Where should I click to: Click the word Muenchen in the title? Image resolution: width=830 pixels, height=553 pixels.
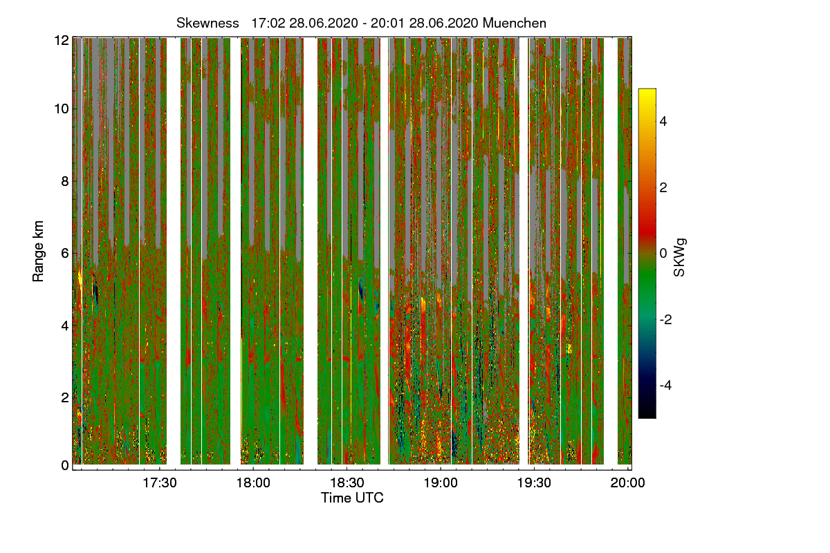(x=515, y=23)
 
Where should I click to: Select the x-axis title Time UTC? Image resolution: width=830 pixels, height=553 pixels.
(x=352, y=498)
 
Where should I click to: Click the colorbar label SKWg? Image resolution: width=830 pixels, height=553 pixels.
(x=680, y=258)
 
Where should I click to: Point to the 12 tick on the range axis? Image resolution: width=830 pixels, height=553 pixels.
(x=62, y=40)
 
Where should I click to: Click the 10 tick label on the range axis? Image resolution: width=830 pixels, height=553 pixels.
(x=62, y=109)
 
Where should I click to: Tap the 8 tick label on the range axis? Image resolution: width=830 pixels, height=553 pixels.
(x=65, y=182)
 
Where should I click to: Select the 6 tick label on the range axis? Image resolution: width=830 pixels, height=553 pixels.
(x=65, y=254)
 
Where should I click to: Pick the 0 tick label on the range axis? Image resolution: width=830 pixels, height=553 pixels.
(x=65, y=465)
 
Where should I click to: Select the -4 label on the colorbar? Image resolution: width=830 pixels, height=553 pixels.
(x=666, y=385)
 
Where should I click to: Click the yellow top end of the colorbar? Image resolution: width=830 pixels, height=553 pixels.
(x=647, y=93)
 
